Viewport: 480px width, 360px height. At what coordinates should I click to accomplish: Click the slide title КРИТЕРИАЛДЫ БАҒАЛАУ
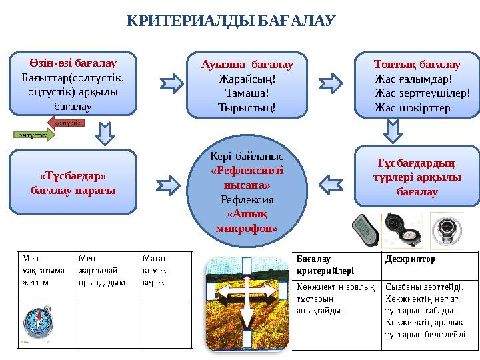(230, 22)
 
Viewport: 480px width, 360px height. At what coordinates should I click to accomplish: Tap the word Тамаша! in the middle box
(247, 93)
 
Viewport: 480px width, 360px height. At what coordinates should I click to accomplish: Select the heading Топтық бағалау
(417, 65)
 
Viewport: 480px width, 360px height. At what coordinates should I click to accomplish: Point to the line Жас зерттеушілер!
(423, 93)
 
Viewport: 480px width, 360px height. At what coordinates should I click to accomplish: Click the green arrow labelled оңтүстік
(34, 135)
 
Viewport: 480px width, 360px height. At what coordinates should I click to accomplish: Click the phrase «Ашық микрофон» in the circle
(247, 221)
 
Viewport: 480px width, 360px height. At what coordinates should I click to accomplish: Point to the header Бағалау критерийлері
(323, 264)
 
